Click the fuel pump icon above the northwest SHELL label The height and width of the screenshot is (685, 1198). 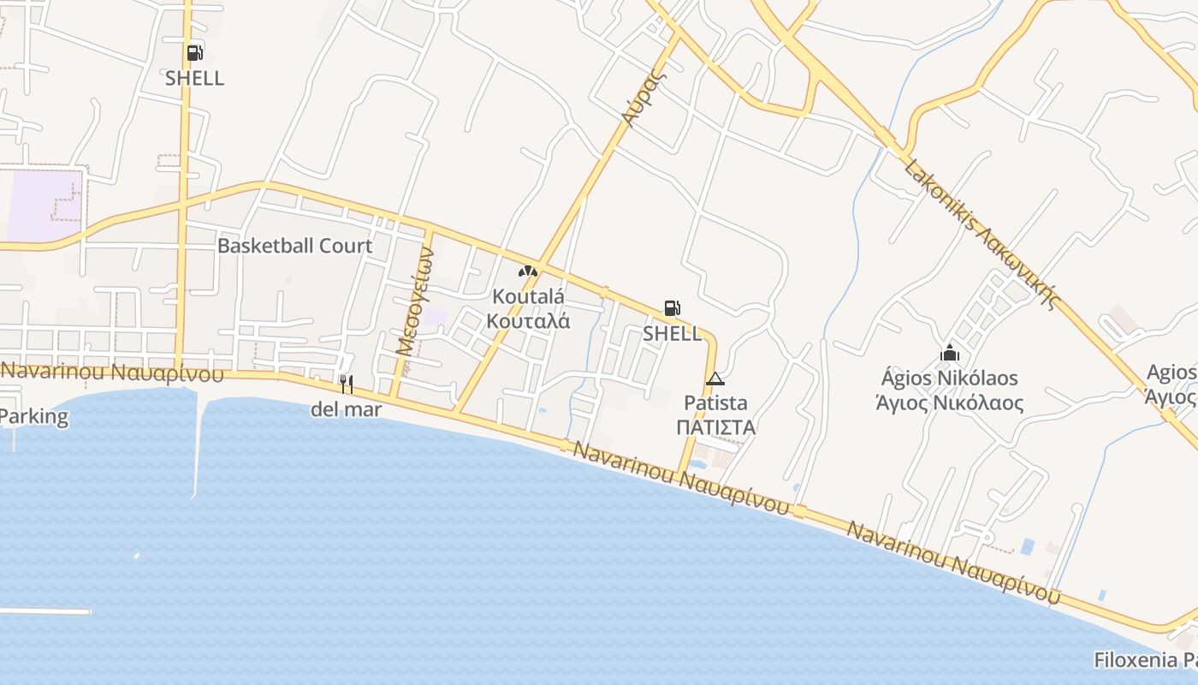195,53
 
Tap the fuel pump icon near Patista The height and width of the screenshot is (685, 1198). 673,308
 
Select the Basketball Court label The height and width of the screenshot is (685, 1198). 294,246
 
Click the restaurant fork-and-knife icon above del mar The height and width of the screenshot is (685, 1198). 346,384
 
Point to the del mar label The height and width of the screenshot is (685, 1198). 346,409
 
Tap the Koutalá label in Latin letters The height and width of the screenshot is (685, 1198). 528,296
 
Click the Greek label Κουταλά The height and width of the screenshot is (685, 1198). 528,321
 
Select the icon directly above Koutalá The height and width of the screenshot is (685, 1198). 528,271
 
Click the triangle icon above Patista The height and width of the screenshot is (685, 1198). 715,378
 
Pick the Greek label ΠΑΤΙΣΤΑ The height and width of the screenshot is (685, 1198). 715,426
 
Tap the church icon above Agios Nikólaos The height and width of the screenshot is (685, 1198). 950,352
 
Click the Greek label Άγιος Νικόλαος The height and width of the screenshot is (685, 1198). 950,402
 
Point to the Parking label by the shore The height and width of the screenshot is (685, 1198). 34,417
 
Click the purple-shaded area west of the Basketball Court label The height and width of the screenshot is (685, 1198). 43,205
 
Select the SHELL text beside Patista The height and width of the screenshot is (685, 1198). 673,333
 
